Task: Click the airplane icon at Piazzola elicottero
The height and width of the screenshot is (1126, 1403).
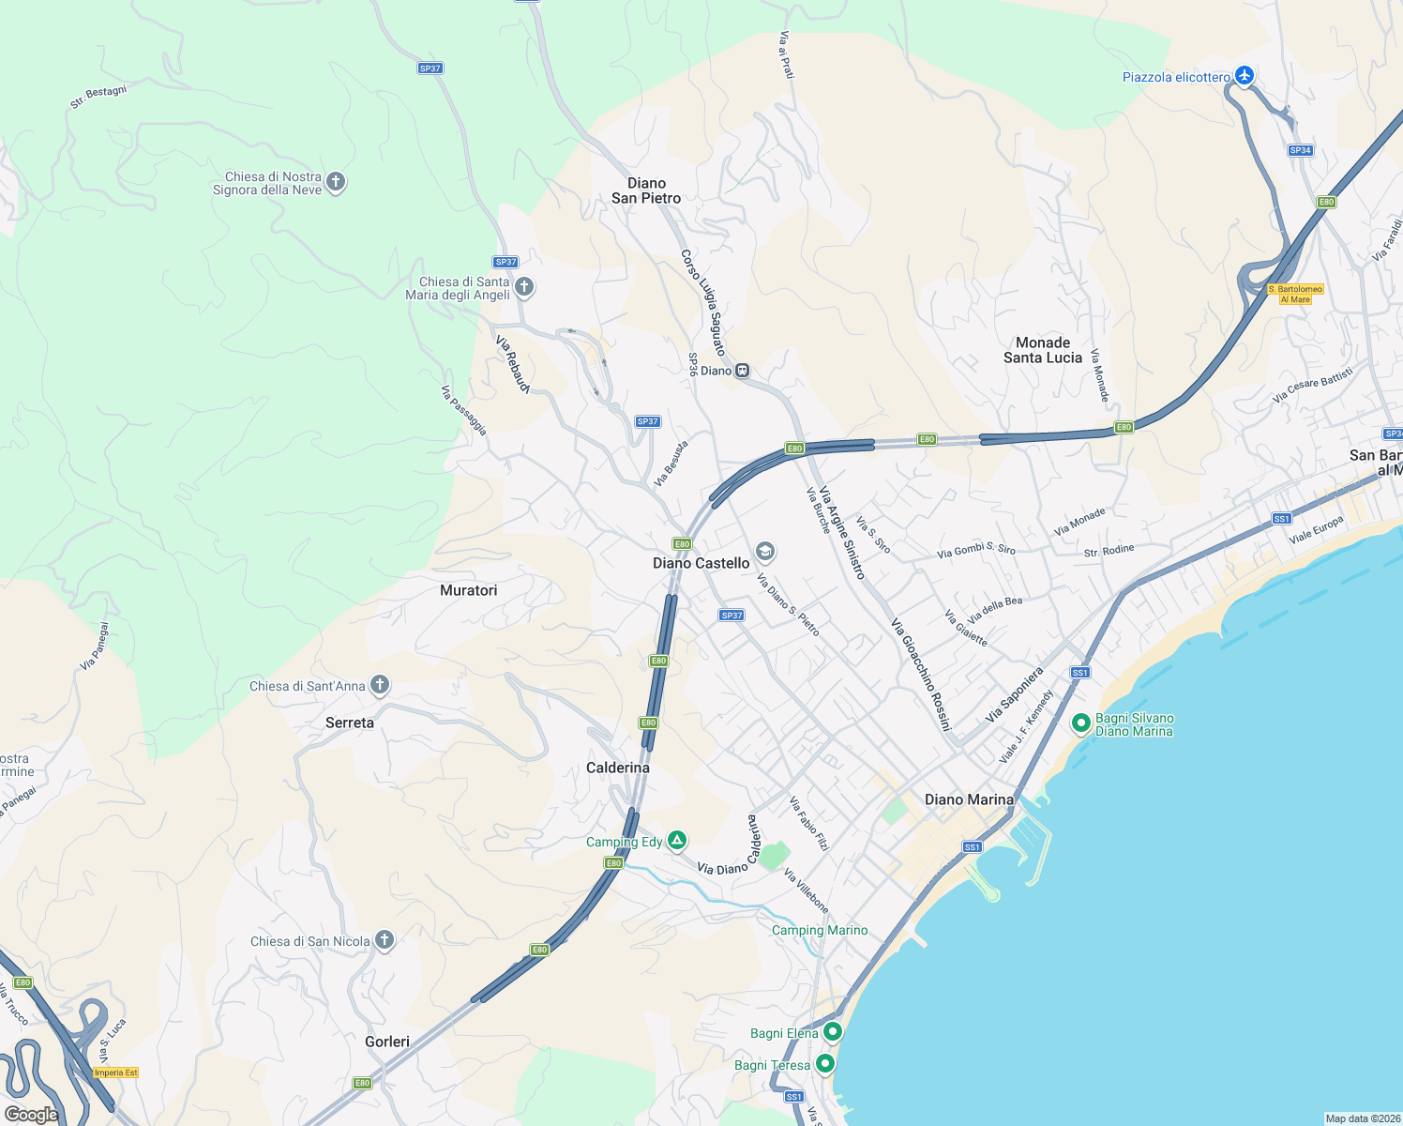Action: pyautogui.click(x=1244, y=76)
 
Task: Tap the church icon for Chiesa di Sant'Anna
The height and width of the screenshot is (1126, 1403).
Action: pyautogui.click(x=380, y=685)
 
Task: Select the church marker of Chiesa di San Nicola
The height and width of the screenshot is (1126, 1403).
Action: pyautogui.click(x=385, y=940)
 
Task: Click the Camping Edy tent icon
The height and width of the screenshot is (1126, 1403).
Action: pyautogui.click(x=677, y=841)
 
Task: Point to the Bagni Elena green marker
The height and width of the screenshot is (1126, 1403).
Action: pyautogui.click(x=832, y=1032)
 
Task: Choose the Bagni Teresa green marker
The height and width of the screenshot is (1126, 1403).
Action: pyautogui.click(x=825, y=1064)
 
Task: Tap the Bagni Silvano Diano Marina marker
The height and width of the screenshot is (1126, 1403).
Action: pyautogui.click(x=1080, y=723)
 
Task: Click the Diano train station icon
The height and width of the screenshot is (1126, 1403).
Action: pyautogui.click(x=742, y=371)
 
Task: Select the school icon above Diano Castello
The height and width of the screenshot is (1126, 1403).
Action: pyautogui.click(x=765, y=551)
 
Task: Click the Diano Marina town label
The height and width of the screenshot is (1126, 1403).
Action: pyautogui.click(x=969, y=799)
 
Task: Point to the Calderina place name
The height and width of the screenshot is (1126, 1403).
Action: pyautogui.click(x=618, y=768)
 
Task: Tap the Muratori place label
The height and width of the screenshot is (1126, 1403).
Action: pyautogui.click(x=469, y=590)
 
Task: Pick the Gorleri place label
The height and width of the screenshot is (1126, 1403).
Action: pyautogui.click(x=387, y=1042)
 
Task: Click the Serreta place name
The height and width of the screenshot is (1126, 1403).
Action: pyautogui.click(x=350, y=723)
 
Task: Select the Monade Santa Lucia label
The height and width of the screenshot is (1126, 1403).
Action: pyautogui.click(x=1043, y=350)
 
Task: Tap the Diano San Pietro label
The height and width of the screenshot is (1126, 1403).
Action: pyautogui.click(x=646, y=190)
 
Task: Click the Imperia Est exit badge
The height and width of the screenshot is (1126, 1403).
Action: pyautogui.click(x=116, y=1073)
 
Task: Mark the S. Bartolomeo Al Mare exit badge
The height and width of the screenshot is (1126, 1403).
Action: pyautogui.click(x=1295, y=295)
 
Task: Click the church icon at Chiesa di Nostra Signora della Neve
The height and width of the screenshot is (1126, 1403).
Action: pyautogui.click(x=336, y=182)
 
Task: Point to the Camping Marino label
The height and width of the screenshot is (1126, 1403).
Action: pyautogui.click(x=820, y=931)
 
